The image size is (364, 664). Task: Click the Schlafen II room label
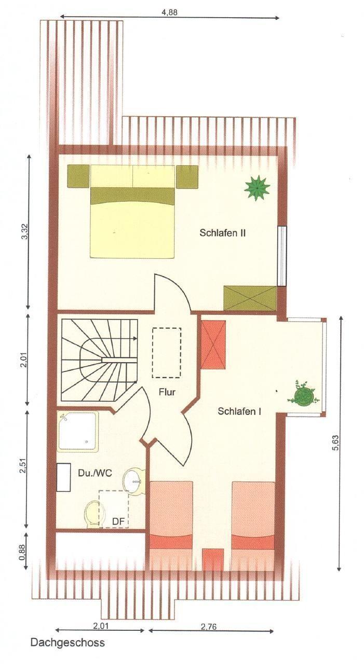point(222,233)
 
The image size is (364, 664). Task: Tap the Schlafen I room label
point(239,411)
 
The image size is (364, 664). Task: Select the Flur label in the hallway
point(167,392)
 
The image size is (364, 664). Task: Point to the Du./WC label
point(95,473)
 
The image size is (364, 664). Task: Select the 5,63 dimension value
point(336,443)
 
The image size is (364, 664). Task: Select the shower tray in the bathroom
point(78,432)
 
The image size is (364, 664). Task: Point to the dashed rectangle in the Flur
point(167,352)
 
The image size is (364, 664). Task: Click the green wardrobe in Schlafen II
point(250,298)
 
